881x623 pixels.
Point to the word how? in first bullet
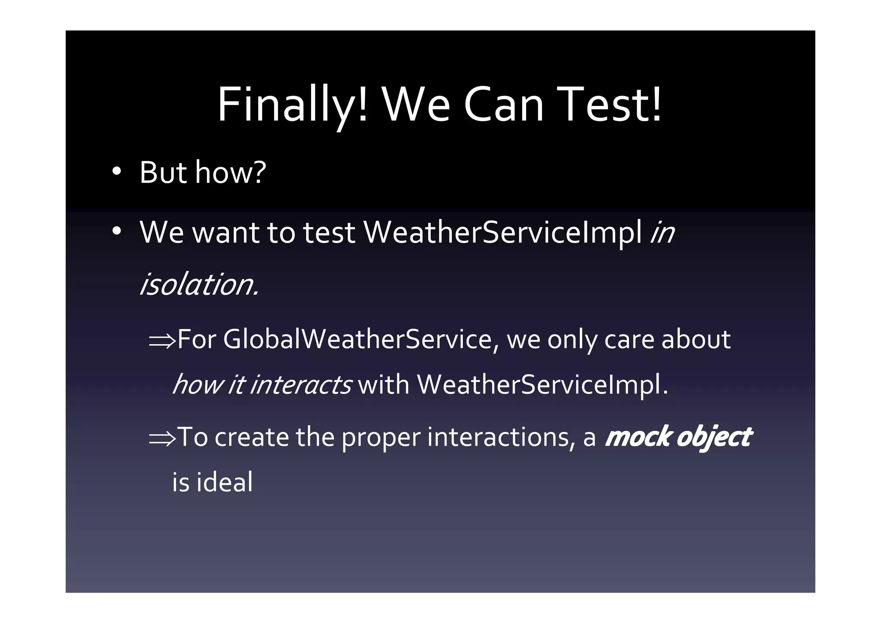231,172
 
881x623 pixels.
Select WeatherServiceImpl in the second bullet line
503,232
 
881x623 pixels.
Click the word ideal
225,482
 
